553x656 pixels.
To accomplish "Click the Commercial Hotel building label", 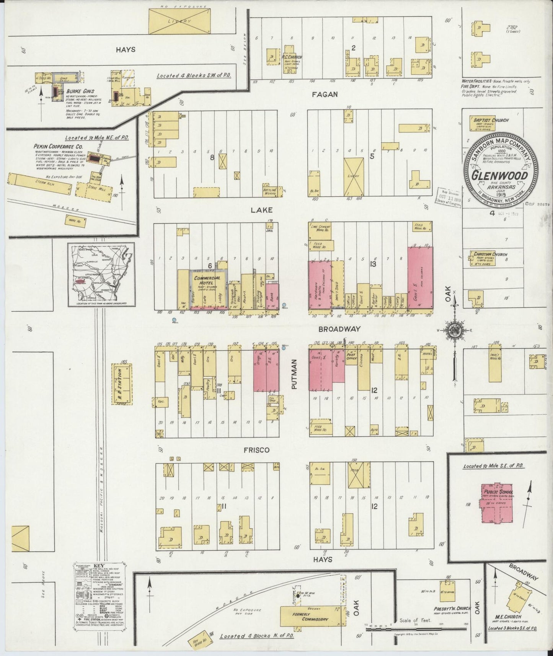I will click(207, 280).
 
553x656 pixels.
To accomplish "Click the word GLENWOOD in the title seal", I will click(499, 175).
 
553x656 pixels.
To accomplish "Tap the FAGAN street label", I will click(324, 94).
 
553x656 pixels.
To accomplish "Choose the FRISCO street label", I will click(256, 450).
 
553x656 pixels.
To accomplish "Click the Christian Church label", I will click(490, 254).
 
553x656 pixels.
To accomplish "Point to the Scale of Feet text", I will click(415, 620).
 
